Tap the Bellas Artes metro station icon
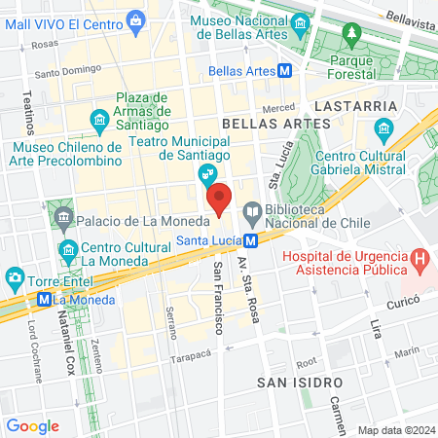[x=285, y=71]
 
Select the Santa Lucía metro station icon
[x=251, y=239]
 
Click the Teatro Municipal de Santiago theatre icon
[x=206, y=175]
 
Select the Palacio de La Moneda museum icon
[x=64, y=214]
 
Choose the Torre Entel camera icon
[x=15, y=279]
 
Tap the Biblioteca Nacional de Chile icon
[x=251, y=209]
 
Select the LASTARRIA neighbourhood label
[x=354, y=105]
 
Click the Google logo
[x=32, y=425]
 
